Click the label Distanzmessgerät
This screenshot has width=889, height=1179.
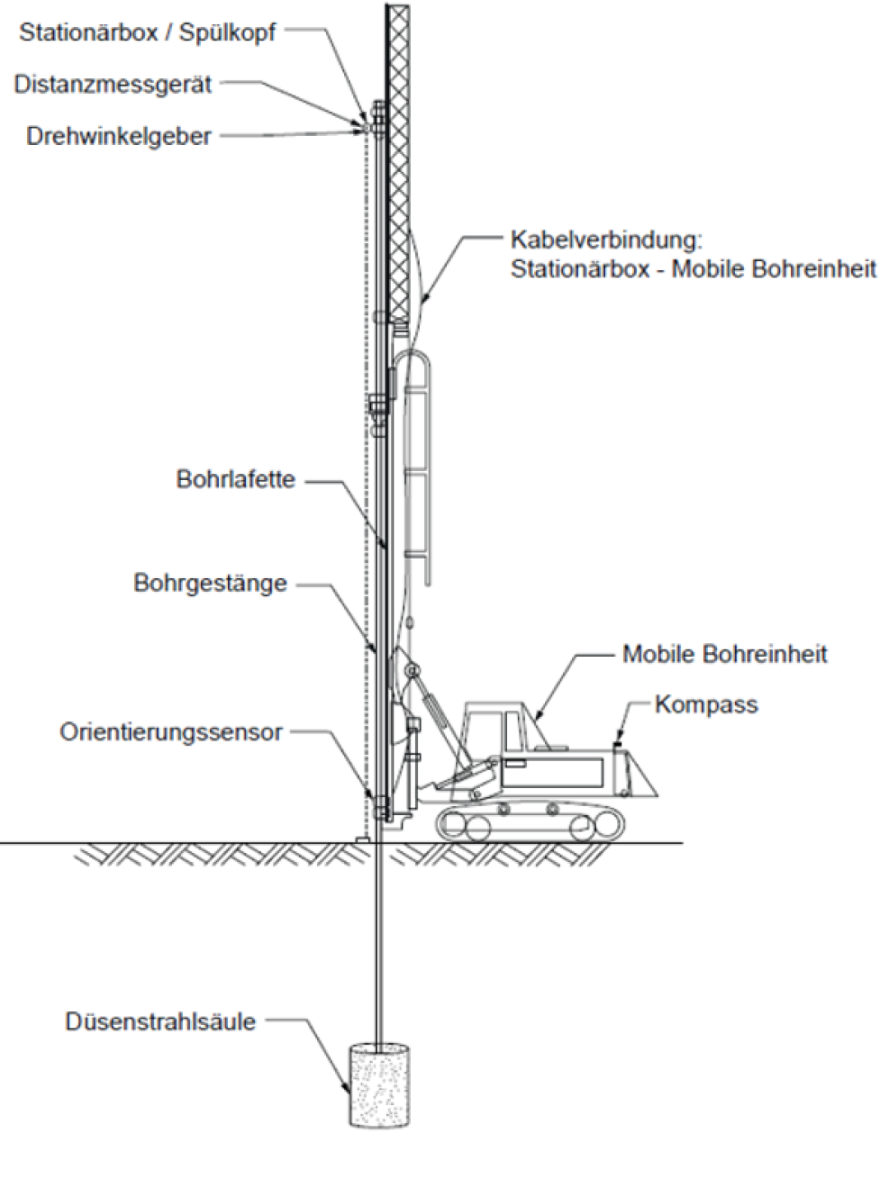113,84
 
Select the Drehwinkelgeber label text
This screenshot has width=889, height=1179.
119,136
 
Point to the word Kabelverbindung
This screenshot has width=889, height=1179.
606,240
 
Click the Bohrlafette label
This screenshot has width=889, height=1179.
235,479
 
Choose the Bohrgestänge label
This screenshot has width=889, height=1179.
210,583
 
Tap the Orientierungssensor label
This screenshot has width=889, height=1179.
170,732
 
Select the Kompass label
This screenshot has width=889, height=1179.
706,705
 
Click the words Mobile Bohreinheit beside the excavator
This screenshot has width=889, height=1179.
724,655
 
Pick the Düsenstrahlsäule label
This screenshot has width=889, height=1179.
161,1022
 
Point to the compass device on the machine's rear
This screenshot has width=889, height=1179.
617,744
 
